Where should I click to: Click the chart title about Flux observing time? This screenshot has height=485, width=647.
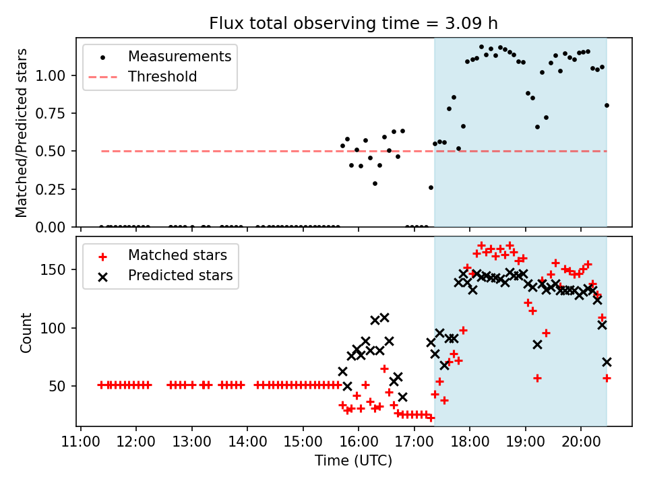(353, 24)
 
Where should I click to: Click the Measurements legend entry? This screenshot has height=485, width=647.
(179, 56)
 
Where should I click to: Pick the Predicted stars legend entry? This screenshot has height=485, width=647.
(180, 276)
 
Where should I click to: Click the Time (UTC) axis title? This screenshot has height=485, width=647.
(353, 461)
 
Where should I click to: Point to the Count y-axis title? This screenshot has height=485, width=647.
(26, 332)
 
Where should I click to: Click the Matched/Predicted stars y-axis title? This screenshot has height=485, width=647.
(22, 133)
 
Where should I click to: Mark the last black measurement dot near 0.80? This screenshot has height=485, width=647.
(607, 105)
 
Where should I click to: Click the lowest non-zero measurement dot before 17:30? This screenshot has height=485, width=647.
(431, 187)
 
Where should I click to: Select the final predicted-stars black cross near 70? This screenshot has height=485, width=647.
(607, 362)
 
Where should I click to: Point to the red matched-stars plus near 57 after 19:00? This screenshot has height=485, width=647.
(537, 378)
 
